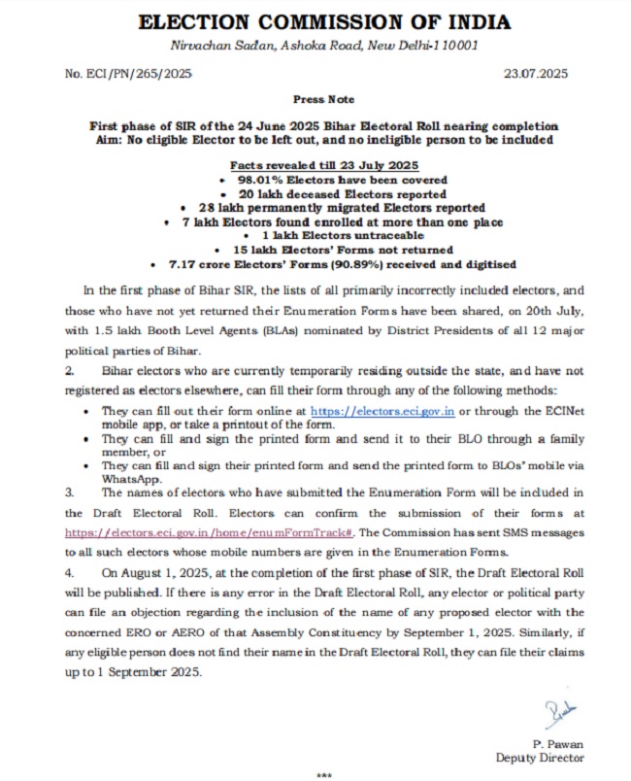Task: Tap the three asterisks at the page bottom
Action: [x=325, y=774]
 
